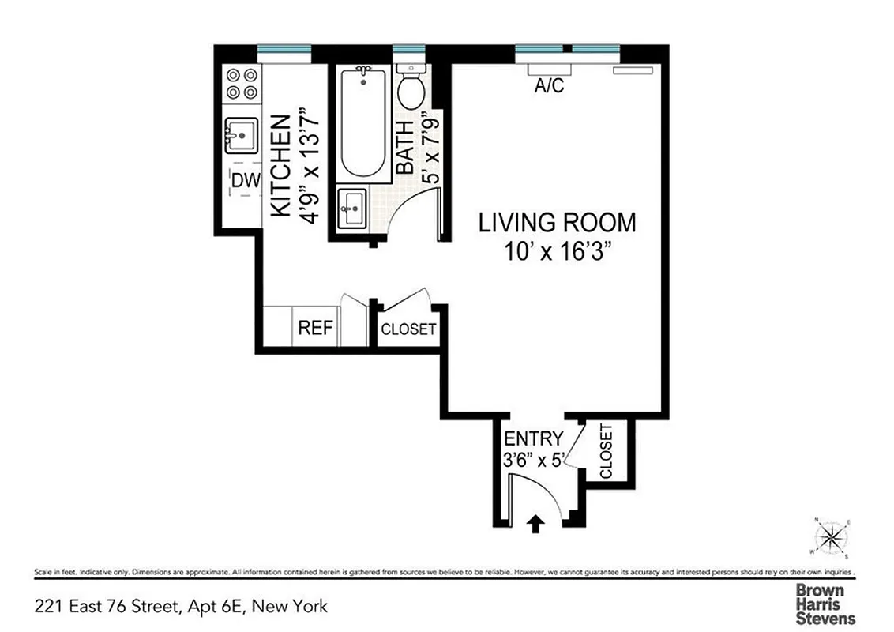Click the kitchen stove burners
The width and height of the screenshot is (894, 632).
pos(242,84)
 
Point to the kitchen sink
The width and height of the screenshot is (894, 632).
pos(242,135)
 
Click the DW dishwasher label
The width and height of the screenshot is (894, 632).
pos(245,181)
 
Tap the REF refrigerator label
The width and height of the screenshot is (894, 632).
pos(316,328)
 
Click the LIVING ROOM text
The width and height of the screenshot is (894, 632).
pos(557,223)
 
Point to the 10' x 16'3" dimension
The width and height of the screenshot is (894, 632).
pos(558,252)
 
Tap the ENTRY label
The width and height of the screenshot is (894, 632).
pos(534,438)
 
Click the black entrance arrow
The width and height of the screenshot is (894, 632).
pos(535,524)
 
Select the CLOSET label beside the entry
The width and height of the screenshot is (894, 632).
pos(607,452)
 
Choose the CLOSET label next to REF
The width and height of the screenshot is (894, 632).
pos(408,329)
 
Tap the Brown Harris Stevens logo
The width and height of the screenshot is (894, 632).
pos(825,604)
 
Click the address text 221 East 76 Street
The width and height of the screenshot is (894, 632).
pos(182,607)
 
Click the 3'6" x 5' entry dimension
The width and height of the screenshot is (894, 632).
pos(533,460)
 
